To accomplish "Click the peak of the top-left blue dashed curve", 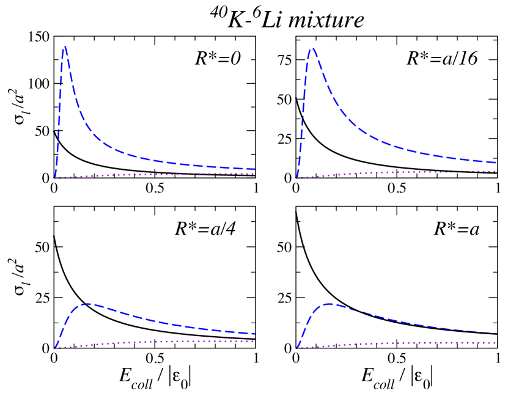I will coord(64,48).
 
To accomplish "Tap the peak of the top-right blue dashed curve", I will coord(312,48).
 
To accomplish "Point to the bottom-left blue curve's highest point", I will coord(88,304).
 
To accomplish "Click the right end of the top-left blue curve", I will coord(254,169).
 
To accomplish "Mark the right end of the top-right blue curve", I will coord(495,162).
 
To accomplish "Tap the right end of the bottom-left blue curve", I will coord(254,334).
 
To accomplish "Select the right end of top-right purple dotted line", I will coord(495,171).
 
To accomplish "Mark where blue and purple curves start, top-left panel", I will coord(56,177).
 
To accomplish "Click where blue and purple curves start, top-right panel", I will coord(296,178).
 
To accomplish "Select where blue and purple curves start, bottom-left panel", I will coord(56,348).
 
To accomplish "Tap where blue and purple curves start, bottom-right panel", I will coord(297,348).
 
